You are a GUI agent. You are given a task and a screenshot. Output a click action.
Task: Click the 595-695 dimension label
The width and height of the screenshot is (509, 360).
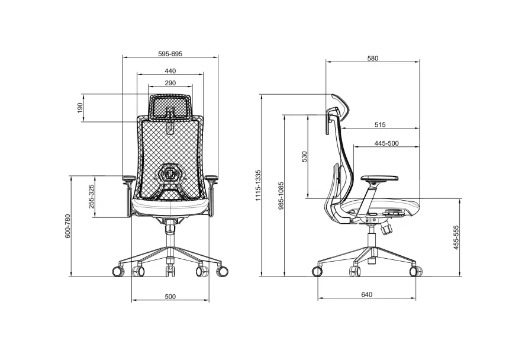170,54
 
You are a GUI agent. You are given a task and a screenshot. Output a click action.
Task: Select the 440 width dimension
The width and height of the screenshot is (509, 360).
170,71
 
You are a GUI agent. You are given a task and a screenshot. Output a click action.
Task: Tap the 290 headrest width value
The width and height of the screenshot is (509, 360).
170,83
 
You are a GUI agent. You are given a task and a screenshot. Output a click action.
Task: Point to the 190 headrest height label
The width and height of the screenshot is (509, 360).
80,108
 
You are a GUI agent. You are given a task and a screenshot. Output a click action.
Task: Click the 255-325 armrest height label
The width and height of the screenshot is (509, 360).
91,197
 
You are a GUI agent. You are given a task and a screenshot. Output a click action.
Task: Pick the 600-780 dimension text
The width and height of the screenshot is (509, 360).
67,226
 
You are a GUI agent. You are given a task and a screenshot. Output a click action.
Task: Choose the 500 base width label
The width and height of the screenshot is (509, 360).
170,297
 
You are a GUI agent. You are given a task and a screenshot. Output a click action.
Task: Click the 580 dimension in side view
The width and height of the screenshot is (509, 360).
373,59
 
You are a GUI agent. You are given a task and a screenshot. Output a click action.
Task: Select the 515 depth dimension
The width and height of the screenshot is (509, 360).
380,125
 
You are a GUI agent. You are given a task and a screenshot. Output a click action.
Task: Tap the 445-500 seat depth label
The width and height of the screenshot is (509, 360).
386,143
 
